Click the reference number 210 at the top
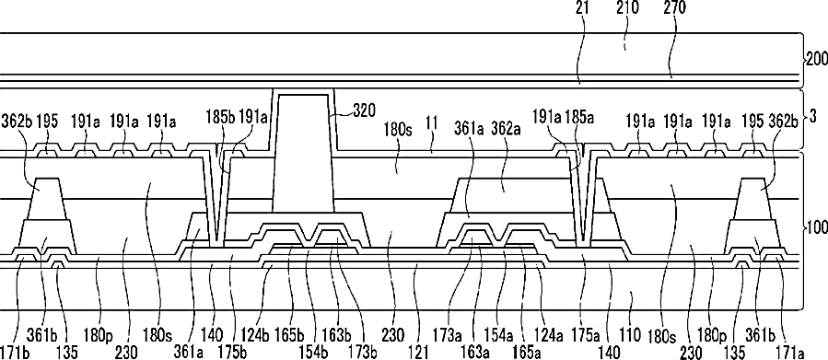pos(626,8)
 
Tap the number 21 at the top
pos(584,8)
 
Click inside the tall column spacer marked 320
pos(303,153)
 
